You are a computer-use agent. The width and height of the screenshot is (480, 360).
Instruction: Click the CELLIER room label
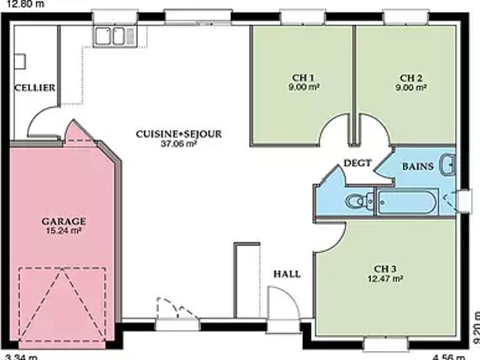[x=35, y=88]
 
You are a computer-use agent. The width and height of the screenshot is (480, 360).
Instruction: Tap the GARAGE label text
[x=64, y=221]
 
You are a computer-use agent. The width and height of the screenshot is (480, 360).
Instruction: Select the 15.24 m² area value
[x=64, y=230]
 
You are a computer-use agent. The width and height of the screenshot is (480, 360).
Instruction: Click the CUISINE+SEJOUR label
[x=178, y=134]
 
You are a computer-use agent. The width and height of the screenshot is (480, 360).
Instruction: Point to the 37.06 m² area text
[x=178, y=143]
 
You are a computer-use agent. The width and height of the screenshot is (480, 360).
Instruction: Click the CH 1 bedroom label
[x=303, y=78]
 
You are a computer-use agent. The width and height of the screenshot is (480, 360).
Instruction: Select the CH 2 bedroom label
[x=411, y=78]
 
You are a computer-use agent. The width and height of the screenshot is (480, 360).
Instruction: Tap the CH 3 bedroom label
[x=385, y=268]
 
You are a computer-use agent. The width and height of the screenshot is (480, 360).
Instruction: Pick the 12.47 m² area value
[x=385, y=278]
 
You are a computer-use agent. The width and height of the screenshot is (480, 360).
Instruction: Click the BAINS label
[x=418, y=166]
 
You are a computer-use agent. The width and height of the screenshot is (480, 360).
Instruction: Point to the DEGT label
[x=358, y=163]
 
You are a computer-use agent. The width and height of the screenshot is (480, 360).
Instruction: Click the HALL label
[x=286, y=274]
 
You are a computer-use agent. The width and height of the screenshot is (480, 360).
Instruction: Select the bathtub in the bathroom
[x=407, y=202]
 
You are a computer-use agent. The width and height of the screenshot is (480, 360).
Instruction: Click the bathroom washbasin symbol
[x=448, y=164]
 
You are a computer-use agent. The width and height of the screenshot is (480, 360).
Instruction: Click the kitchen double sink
[x=115, y=37]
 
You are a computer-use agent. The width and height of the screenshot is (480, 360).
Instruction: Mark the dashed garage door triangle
[x=62, y=304]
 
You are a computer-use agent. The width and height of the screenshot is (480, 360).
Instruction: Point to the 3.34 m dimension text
[x=22, y=357]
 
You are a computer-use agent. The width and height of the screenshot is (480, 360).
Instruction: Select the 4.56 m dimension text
[x=449, y=357]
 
